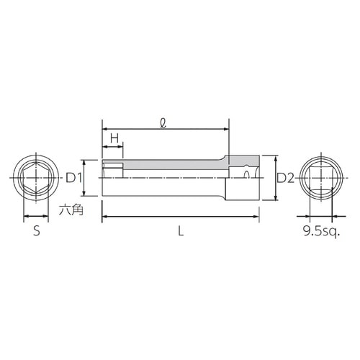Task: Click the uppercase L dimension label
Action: pos(180,231)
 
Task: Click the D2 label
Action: pos(285,178)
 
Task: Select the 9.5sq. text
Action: pos(320,231)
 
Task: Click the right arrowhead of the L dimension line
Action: pos(256,215)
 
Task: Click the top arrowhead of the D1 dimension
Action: pos(86,162)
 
